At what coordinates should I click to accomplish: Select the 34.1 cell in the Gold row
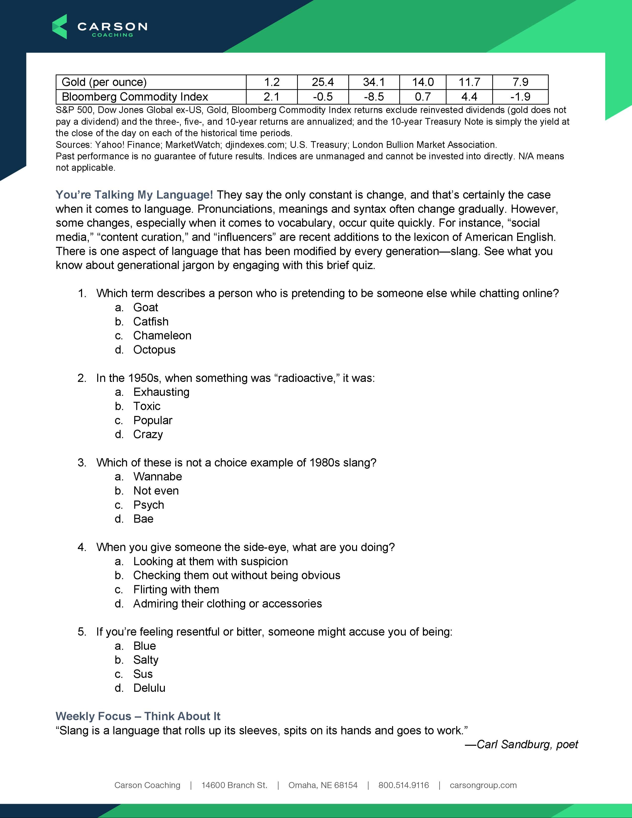tap(374, 82)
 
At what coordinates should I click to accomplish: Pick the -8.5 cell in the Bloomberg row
tap(374, 97)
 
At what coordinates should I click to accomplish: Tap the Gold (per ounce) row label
tap(104, 82)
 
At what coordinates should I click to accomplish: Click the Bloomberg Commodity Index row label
tap(135, 97)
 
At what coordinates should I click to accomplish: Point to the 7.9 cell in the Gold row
tap(520, 82)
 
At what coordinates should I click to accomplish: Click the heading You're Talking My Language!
tap(134, 195)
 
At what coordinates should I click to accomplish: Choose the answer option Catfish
tap(151, 321)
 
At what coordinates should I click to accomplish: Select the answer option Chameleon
tap(162, 336)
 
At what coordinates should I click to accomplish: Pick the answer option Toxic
tap(147, 406)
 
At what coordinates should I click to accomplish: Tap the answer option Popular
tap(153, 420)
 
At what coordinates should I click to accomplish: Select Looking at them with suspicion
tap(210, 561)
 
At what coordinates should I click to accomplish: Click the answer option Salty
tap(146, 660)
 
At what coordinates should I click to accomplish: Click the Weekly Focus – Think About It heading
tap(138, 716)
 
